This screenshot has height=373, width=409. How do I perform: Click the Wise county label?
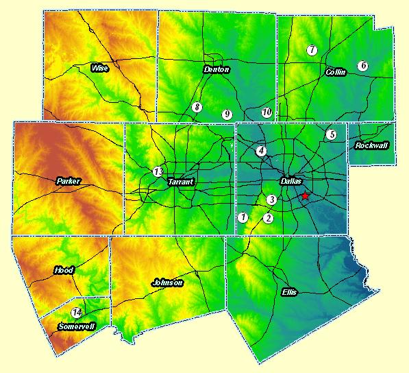[x=100, y=68]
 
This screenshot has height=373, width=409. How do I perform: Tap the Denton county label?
[x=216, y=70]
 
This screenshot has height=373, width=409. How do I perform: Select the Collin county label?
[x=336, y=72]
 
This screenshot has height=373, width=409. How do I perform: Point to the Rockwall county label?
[x=371, y=145]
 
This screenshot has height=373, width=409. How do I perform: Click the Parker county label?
[x=69, y=182]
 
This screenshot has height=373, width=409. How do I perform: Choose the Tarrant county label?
[x=181, y=182]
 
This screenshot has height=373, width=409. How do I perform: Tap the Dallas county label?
[x=292, y=181]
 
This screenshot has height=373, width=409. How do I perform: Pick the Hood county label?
[x=64, y=270]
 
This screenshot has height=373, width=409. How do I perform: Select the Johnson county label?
[x=167, y=282]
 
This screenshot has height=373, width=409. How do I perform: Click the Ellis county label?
[x=290, y=292]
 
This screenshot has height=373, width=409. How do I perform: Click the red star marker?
[x=305, y=196]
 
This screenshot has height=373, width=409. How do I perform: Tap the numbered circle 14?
[x=77, y=313]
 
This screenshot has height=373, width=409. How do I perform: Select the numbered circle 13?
[x=158, y=171]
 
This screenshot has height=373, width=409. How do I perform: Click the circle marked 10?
[x=267, y=112]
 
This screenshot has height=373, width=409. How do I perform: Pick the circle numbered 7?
[x=312, y=50]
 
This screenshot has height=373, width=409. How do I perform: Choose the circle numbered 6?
[x=363, y=65]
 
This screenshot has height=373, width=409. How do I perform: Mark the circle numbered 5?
[x=332, y=134]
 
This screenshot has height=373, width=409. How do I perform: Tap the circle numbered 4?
[x=261, y=151]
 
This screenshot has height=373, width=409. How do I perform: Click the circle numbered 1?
[x=243, y=217]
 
